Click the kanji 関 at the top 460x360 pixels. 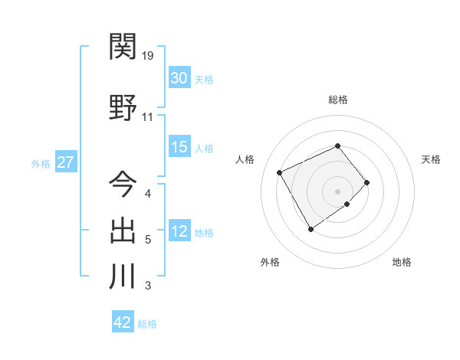click(123, 47)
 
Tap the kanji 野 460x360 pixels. click(123, 110)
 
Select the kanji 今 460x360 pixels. click(123, 185)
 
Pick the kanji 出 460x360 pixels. click(123, 231)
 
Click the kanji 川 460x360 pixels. click(123, 277)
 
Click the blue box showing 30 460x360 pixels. click(179, 78)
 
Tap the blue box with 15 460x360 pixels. click(179, 147)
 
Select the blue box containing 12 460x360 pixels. click(179, 232)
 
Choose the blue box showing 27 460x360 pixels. click(66, 163)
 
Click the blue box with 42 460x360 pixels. click(123, 322)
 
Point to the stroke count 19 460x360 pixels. click(148, 56)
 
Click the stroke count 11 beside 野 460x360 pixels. click(148, 117)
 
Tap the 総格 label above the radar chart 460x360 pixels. click(337, 100)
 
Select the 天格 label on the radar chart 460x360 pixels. click(431, 159)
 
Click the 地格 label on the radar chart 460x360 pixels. click(402, 262)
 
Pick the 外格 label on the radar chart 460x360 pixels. click(270, 262)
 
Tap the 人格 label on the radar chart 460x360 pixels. click(245, 159)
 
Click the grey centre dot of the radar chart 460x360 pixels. click(337, 190)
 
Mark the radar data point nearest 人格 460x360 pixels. click(281, 172)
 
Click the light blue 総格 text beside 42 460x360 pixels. click(147, 323)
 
